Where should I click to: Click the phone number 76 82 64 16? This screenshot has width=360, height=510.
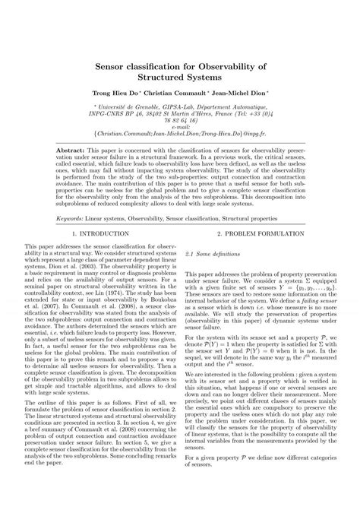pos(180,120)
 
